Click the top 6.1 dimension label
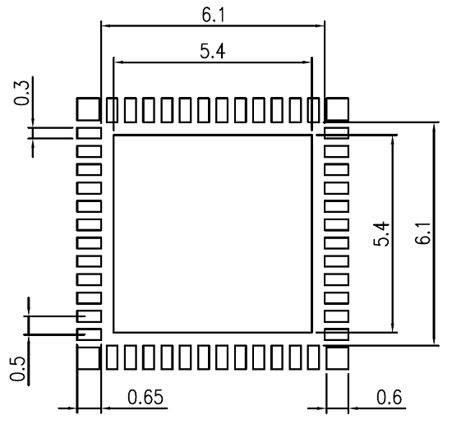point(213,15)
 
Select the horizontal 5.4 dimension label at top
point(213,52)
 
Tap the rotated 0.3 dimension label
point(21,93)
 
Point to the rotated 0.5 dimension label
point(17,369)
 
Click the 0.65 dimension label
point(145,397)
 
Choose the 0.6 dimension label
point(389,397)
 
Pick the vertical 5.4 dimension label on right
point(381,234)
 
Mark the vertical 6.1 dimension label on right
point(422,234)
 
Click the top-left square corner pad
point(88,109)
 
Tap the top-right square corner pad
point(337,109)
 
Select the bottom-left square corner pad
point(88,358)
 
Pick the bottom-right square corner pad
point(337,358)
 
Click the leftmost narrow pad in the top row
point(112,110)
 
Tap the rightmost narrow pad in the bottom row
point(314,357)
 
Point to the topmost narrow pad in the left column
point(89,133)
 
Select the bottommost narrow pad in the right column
point(337,334)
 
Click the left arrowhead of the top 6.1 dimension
point(106,25)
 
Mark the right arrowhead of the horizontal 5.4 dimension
point(307,62)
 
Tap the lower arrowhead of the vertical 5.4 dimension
point(392,328)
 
